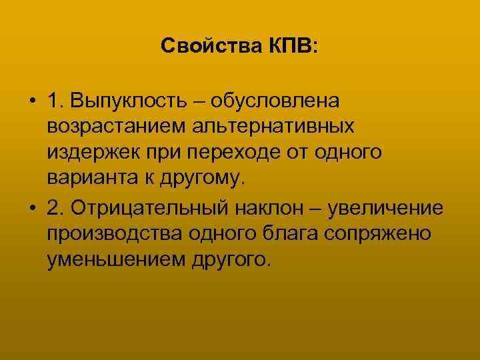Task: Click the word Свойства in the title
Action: pyautogui.click(x=204, y=46)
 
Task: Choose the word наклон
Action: pyautogui.click(x=269, y=208)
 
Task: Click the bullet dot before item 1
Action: pyautogui.click(x=32, y=101)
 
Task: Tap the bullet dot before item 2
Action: pyautogui.click(x=32, y=208)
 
